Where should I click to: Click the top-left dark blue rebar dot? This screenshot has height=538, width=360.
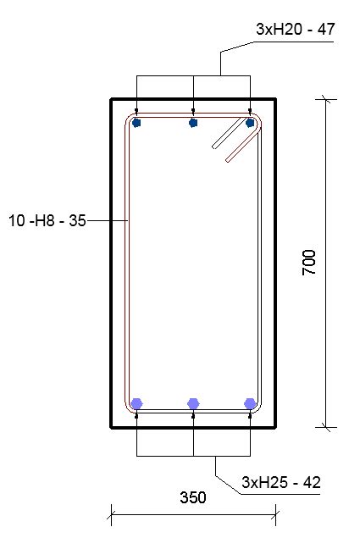(137, 123)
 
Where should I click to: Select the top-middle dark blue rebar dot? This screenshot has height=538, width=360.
(194, 123)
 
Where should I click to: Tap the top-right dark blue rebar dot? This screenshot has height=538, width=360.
(250, 123)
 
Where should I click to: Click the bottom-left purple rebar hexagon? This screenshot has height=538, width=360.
(137, 403)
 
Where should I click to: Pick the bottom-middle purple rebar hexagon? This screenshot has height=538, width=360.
(194, 403)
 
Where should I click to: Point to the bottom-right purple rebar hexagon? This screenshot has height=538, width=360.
(250, 403)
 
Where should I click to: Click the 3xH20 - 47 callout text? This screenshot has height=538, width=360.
(295, 30)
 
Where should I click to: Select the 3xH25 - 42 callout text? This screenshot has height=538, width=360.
(280, 483)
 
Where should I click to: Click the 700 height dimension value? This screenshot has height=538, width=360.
(309, 263)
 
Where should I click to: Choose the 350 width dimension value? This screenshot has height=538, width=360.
(193, 498)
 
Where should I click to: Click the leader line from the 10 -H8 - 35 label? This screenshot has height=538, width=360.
(107, 222)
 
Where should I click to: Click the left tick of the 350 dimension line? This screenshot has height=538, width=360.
(111, 512)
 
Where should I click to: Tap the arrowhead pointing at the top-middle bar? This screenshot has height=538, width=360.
(194, 110)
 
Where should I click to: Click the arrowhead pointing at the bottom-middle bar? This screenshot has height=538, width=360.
(194, 416)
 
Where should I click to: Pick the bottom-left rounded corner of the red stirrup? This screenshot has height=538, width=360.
(130, 408)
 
